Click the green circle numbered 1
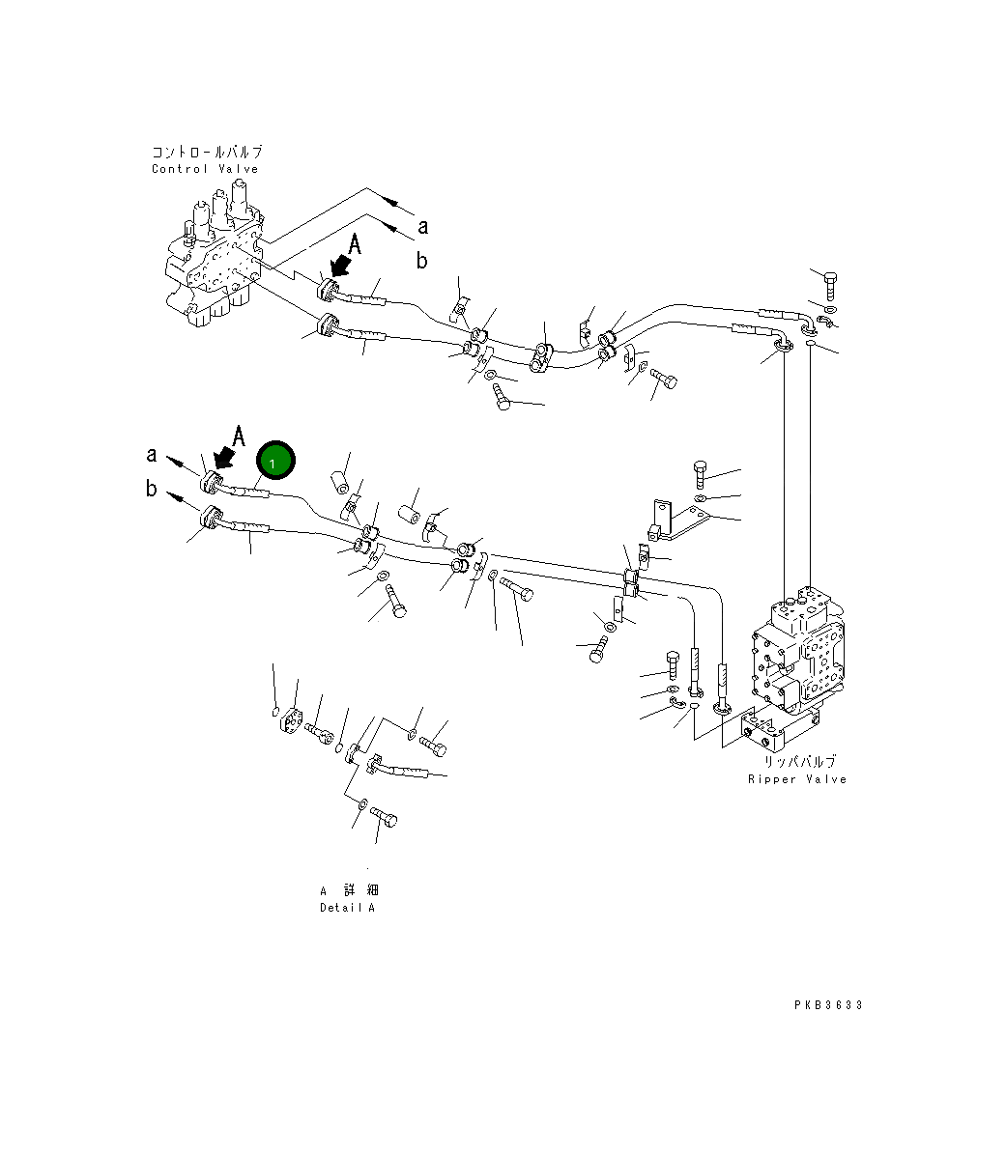(273, 463)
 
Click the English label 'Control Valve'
(205, 169)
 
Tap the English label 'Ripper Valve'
(796, 779)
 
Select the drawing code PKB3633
(828, 1005)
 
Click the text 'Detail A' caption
(347, 908)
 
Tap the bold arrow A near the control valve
(342, 261)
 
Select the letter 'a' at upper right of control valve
(422, 226)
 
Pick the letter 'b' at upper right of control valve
(421, 260)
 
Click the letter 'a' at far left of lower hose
(152, 454)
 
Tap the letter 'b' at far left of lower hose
(152, 489)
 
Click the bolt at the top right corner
(831, 286)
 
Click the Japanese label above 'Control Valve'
(207, 152)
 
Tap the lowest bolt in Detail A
(384, 820)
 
